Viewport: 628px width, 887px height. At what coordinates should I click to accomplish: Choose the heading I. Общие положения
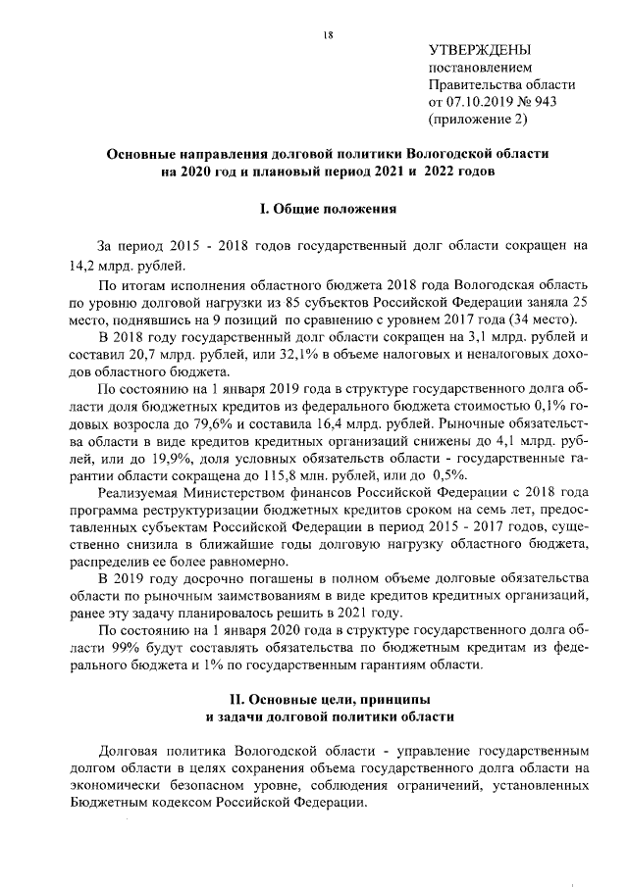329,209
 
